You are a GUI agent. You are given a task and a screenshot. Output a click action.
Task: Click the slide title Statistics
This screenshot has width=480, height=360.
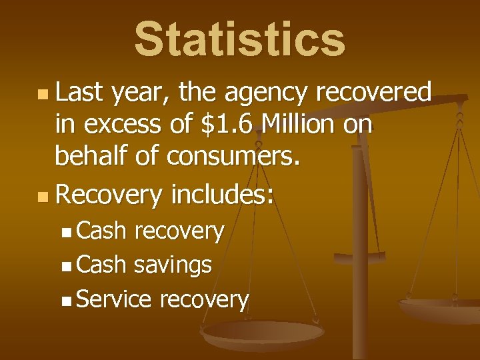click(x=240, y=39)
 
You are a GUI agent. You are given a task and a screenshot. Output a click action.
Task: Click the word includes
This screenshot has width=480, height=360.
click(x=223, y=195)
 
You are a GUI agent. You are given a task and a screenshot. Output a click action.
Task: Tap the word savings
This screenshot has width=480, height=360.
click(x=173, y=265)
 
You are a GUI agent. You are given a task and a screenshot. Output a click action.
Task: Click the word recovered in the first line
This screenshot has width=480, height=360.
click(x=374, y=93)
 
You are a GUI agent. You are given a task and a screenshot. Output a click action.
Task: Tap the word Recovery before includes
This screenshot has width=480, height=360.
click(x=109, y=195)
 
